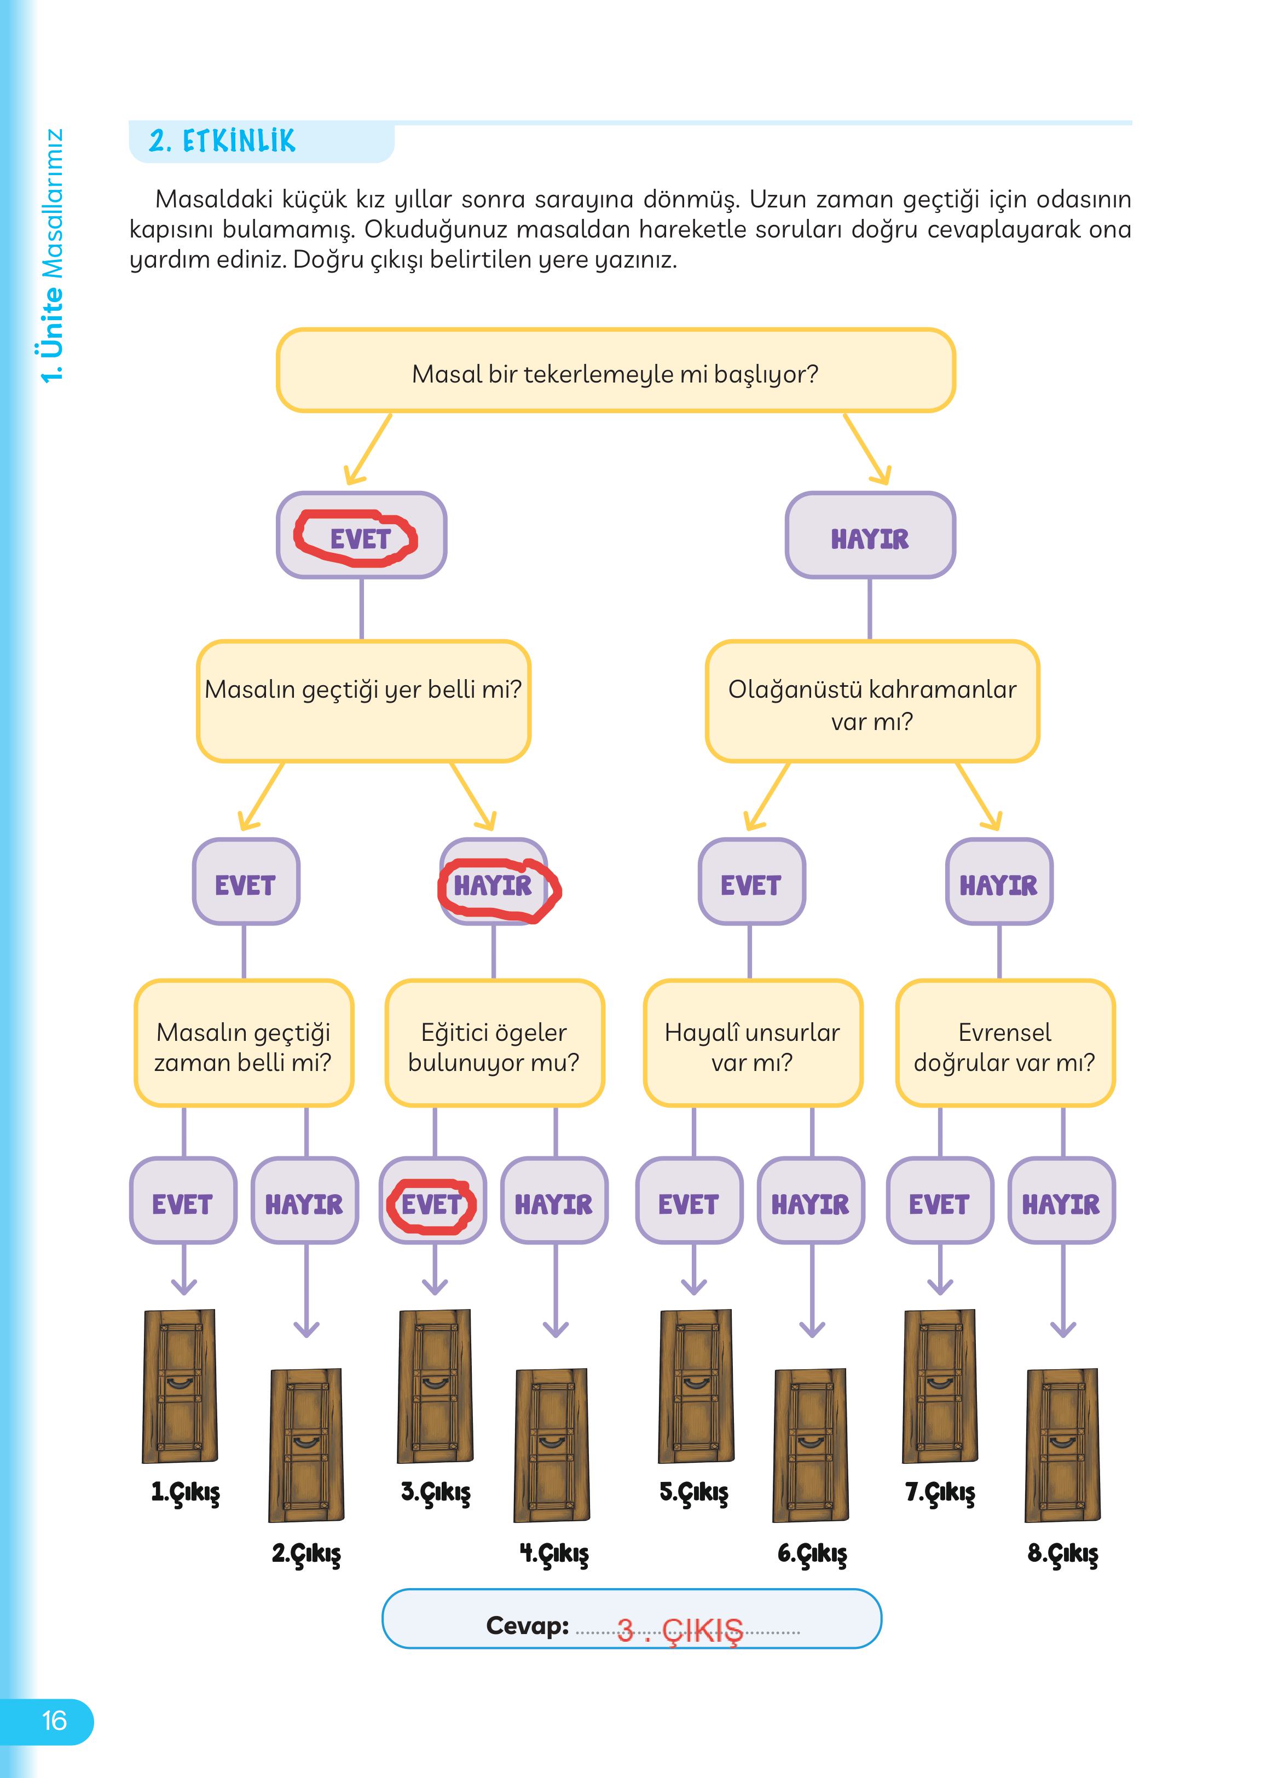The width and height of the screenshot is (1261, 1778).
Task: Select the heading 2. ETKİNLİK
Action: [x=223, y=141]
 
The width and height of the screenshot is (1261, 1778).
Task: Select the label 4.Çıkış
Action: [x=554, y=1554]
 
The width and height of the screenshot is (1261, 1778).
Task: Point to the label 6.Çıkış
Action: [x=812, y=1554]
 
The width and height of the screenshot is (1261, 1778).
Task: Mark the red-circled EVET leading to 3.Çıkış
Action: [x=432, y=1203]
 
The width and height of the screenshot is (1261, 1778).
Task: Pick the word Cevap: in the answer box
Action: [x=527, y=1625]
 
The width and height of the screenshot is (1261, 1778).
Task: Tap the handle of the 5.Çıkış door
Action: [x=695, y=1382]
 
